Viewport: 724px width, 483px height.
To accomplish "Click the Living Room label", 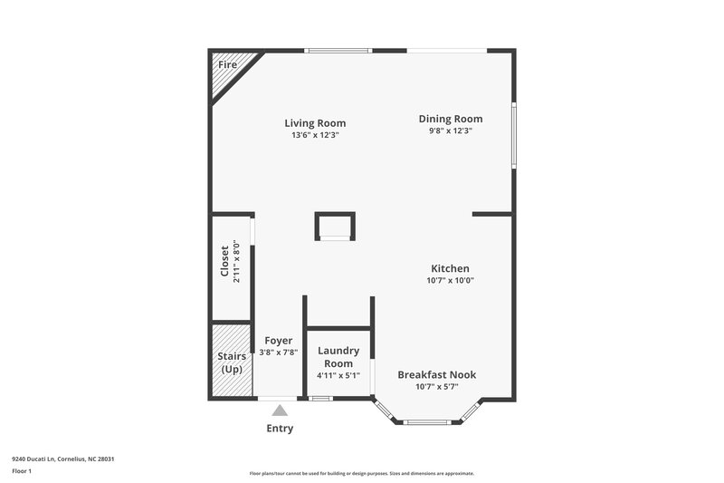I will pyautogui.click(x=315, y=123).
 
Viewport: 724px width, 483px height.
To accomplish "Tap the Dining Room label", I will pyautogui.click(x=450, y=119).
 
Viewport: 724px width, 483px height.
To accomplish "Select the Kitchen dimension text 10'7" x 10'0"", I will pyautogui.click(x=450, y=280).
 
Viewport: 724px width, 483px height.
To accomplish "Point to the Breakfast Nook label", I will pyautogui.click(x=436, y=374).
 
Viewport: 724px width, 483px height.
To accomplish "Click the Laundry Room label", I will pyautogui.click(x=338, y=356).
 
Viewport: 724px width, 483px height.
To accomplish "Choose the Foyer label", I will pyautogui.click(x=278, y=341).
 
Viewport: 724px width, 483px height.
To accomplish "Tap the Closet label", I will pyautogui.click(x=225, y=262).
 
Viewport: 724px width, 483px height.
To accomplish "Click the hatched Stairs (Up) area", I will pyautogui.click(x=232, y=362).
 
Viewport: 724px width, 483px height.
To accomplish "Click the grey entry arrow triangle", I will pyautogui.click(x=281, y=411).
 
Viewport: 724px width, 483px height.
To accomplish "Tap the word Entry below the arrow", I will pyautogui.click(x=280, y=429).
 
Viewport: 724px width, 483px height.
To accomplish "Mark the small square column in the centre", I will pyautogui.click(x=334, y=226).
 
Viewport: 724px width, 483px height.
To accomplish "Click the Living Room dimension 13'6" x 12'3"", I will pyautogui.click(x=315, y=135).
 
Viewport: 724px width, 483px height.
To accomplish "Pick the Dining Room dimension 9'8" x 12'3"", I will pyautogui.click(x=450, y=130).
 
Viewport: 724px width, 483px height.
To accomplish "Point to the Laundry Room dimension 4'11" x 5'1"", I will pyautogui.click(x=338, y=375).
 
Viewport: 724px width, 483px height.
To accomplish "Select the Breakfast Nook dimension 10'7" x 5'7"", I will pyautogui.click(x=436, y=387).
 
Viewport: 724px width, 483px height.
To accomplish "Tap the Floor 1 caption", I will pyautogui.click(x=22, y=472).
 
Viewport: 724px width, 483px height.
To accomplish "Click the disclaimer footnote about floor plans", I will pyautogui.click(x=361, y=473).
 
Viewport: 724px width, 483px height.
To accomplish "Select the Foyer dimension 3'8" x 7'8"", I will pyautogui.click(x=278, y=353).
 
